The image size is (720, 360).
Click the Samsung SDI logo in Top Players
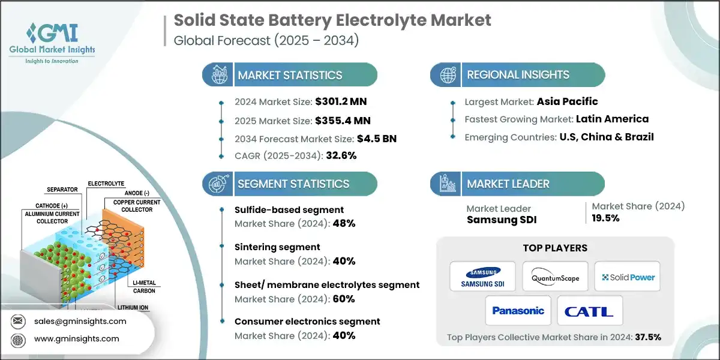(482, 277)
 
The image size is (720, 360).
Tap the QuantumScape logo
(555, 277)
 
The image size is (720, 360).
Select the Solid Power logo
(628, 277)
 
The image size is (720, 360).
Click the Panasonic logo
(518, 311)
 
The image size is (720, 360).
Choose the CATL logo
(589, 311)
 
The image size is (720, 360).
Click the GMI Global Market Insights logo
(52, 42)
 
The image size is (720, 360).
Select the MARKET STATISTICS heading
(290, 75)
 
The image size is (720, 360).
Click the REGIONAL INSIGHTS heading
(518, 75)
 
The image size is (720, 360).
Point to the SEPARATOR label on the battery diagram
(62, 189)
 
